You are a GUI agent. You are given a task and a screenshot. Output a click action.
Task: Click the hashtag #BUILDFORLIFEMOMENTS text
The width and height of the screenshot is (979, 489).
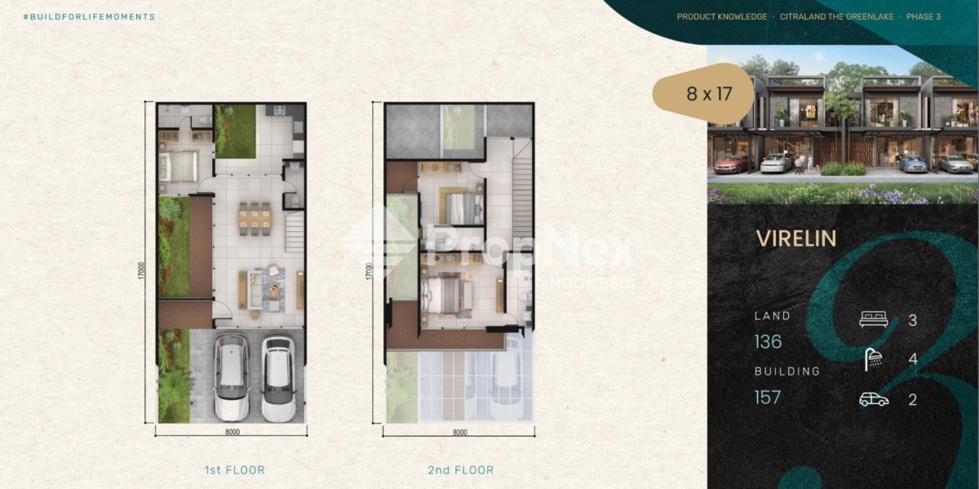click(x=89, y=17)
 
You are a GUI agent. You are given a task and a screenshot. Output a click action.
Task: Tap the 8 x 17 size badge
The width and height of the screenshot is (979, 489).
click(x=703, y=93)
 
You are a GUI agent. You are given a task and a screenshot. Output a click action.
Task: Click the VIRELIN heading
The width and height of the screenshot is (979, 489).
click(x=796, y=239)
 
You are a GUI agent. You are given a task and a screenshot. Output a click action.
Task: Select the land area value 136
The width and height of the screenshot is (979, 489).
click(x=768, y=341)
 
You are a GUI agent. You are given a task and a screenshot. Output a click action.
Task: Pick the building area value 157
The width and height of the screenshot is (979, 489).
click(x=768, y=397)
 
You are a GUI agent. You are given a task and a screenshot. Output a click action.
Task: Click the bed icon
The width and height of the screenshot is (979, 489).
click(x=873, y=319)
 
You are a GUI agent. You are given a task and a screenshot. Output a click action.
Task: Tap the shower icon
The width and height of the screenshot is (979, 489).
click(x=873, y=359)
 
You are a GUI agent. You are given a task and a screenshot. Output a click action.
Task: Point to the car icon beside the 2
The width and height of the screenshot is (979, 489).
click(x=874, y=399)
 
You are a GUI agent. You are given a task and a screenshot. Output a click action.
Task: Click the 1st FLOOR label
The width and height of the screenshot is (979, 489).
click(x=235, y=470)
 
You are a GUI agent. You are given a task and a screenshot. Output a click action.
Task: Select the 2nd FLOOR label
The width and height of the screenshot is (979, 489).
click(x=461, y=470)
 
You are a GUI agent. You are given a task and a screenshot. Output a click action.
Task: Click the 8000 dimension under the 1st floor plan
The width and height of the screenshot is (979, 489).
click(x=232, y=432)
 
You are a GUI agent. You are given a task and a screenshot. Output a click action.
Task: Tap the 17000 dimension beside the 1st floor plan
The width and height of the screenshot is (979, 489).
click(x=140, y=270)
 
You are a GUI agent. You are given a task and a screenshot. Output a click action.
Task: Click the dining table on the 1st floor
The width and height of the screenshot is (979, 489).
click(x=255, y=219)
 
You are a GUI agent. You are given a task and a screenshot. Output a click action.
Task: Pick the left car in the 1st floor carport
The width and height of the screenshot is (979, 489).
click(x=232, y=377)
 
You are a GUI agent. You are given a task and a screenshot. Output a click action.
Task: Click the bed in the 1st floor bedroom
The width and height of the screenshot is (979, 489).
click(x=179, y=167)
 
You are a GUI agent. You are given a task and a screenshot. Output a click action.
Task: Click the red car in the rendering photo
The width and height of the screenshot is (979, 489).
click(x=731, y=164)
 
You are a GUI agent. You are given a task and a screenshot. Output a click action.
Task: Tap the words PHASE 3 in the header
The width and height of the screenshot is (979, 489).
click(x=924, y=17)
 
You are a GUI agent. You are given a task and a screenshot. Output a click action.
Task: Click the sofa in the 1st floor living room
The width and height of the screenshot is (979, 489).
click(x=255, y=291)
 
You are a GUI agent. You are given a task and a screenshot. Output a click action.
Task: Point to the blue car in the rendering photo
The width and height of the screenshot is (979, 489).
click(x=912, y=163)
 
